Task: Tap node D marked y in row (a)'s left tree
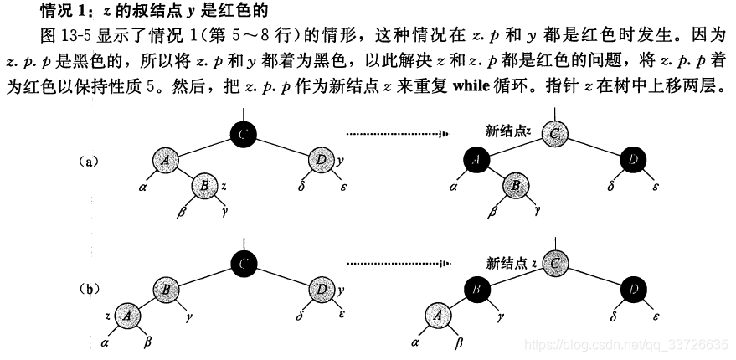322,159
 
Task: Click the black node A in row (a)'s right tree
476,160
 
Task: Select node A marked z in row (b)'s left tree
126,316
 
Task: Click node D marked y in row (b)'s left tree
322,290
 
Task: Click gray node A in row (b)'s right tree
436,316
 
